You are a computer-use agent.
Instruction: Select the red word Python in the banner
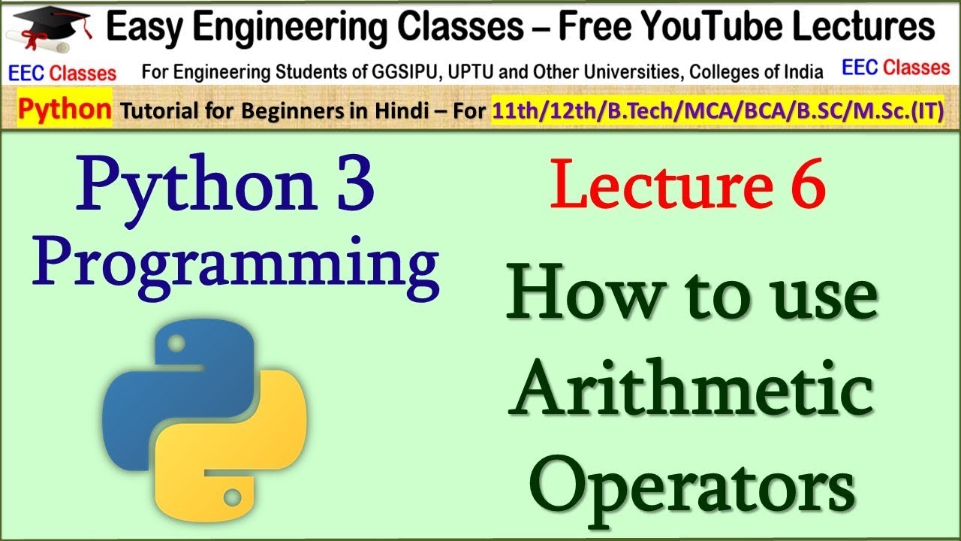click(x=65, y=110)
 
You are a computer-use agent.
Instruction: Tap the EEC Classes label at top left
click(x=62, y=72)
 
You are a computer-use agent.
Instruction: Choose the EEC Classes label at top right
click(x=896, y=68)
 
